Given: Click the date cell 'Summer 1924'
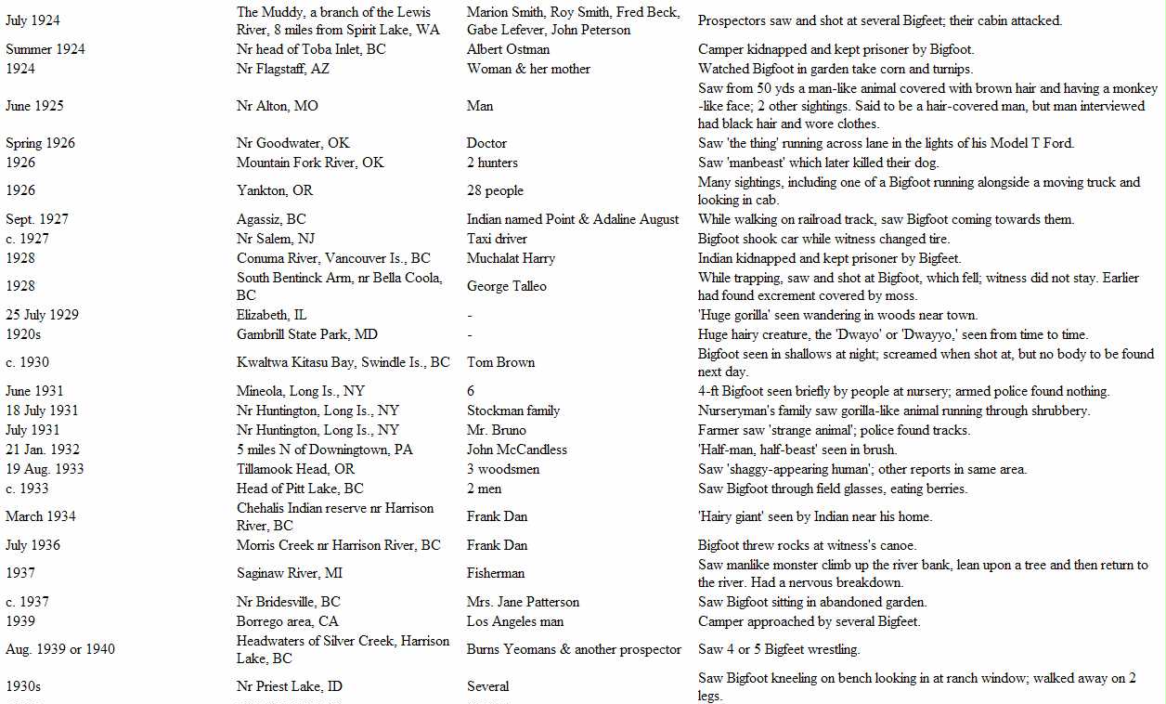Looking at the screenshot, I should coord(45,49).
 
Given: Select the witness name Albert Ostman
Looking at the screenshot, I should coord(508,49).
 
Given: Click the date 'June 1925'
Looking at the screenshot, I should coord(34,106).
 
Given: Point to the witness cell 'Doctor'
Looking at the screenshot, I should coord(486,143).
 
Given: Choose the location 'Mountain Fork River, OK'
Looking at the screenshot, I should coord(310,163).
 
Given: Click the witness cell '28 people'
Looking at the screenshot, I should coord(495,190).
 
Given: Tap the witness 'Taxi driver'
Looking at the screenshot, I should coord(497,239).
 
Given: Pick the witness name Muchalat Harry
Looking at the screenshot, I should coord(511,258).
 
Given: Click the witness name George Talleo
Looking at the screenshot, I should coord(507,286).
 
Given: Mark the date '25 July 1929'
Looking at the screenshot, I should coord(42,315).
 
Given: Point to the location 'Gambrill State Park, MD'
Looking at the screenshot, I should coord(307,334).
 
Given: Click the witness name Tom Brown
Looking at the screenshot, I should coord(500,362).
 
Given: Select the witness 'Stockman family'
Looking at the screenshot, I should coord(513,411).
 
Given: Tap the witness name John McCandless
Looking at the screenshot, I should coord(516,450).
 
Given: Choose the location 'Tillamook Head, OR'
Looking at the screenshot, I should coord(295,469).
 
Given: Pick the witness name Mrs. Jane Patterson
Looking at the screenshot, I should coord(523,602).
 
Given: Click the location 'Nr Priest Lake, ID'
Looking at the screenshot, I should coord(289,686).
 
